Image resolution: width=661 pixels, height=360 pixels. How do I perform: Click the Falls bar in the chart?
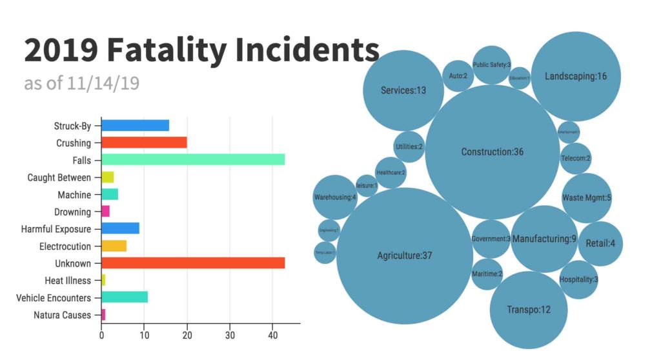click(x=193, y=159)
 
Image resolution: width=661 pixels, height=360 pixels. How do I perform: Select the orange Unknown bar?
click(x=193, y=263)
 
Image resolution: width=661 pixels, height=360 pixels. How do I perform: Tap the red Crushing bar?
click(x=144, y=143)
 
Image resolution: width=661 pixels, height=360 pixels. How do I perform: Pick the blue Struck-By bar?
click(x=135, y=125)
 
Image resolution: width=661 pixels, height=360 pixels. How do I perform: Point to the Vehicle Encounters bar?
click(x=125, y=297)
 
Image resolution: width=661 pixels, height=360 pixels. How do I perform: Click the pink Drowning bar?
click(x=106, y=211)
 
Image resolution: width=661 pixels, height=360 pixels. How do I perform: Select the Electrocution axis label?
click(x=64, y=246)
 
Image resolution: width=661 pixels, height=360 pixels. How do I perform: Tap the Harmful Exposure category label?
click(x=56, y=228)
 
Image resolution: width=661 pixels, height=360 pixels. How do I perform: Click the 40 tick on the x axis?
click(x=273, y=335)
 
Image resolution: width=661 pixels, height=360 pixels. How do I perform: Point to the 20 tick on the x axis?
click(x=187, y=335)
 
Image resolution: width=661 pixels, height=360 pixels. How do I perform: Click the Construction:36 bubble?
click(x=493, y=152)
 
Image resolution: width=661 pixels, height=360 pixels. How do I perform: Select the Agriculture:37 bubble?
click(x=405, y=255)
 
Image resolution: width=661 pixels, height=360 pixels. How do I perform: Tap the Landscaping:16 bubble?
click(x=576, y=76)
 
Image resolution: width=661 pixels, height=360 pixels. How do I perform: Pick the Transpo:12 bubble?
click(x=529, y=310)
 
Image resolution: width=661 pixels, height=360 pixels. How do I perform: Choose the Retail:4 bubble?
click(x=600, y=244)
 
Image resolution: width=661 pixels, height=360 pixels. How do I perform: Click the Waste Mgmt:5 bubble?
click(x=586, y=197)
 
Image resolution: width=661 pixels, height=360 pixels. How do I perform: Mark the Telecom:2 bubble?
click(x=575, y=158)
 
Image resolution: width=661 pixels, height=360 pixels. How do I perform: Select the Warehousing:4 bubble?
click(x=335, y=197)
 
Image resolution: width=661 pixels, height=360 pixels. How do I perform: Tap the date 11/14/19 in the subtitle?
click(x=103, y=84)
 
